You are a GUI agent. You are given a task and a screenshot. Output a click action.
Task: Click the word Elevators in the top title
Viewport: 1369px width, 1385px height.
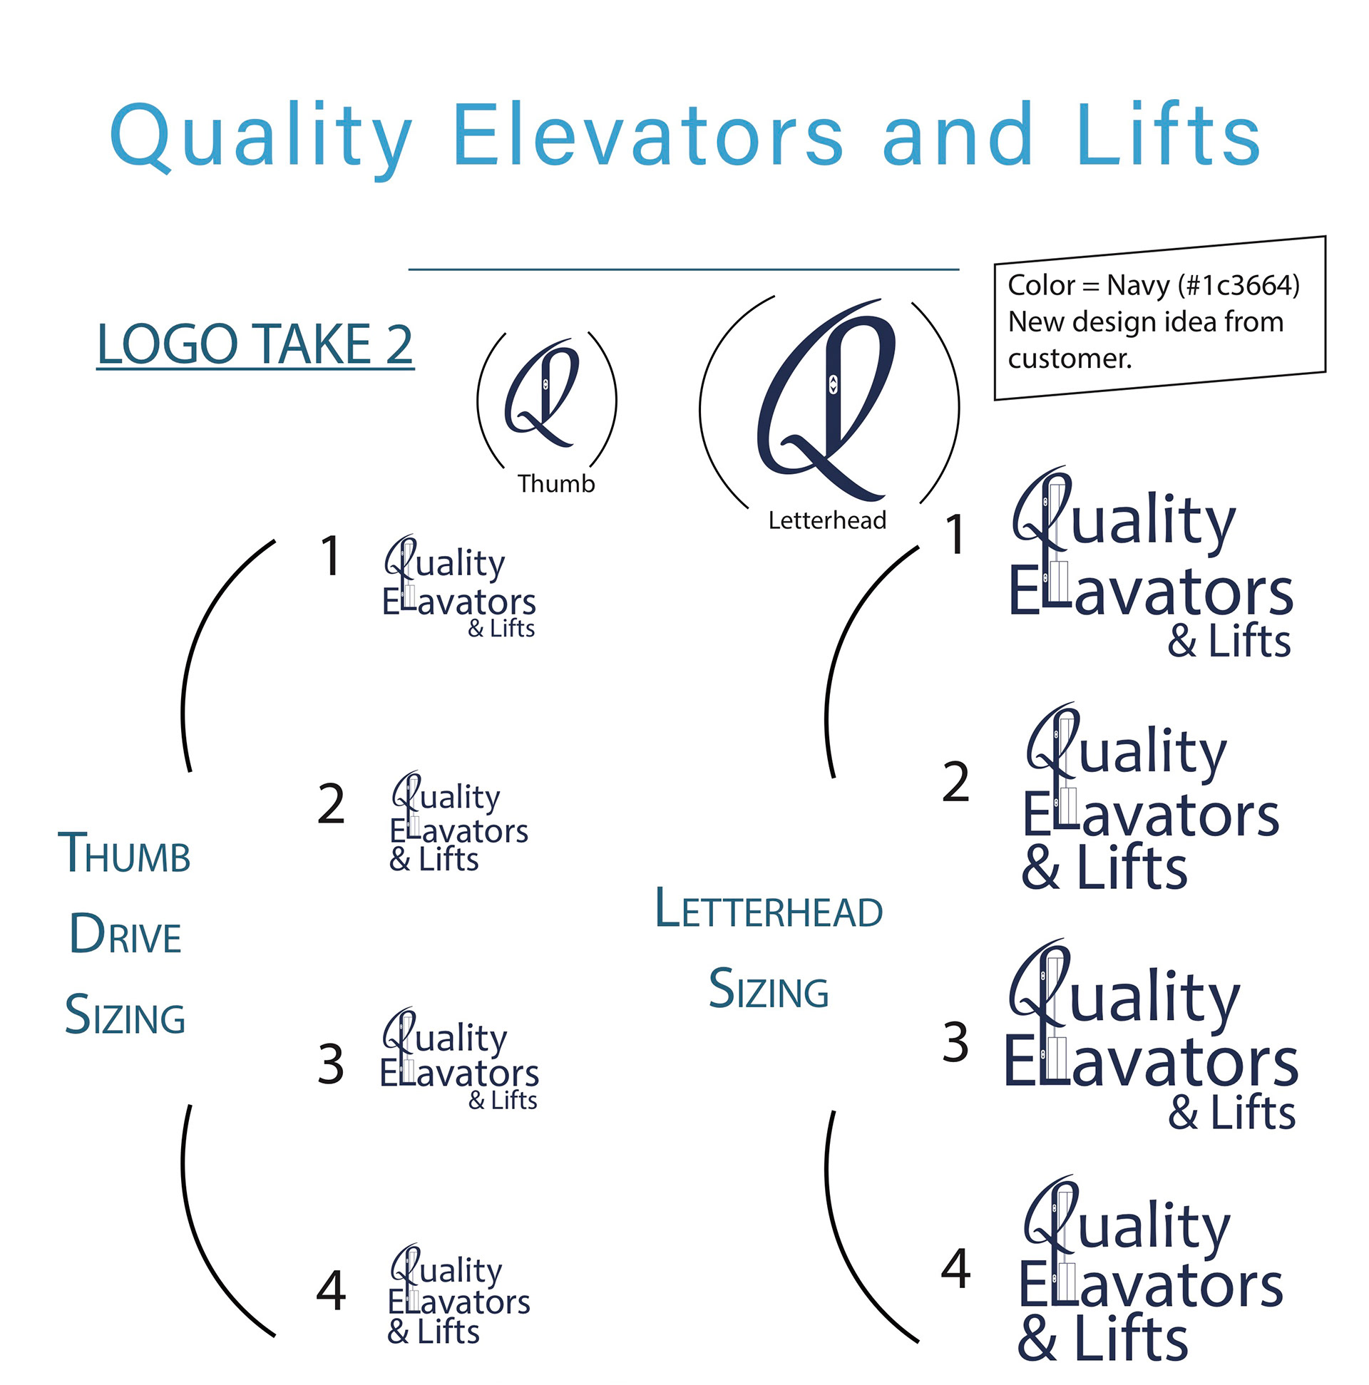pos(647,135)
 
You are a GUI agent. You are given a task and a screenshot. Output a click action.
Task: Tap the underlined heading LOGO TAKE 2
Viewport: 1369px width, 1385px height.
pos(255,344)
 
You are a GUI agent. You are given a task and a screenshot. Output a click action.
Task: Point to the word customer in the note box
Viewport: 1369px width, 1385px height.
pos(1069,358)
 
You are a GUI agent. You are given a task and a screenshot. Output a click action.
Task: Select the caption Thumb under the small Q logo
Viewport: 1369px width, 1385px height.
pos(555,484)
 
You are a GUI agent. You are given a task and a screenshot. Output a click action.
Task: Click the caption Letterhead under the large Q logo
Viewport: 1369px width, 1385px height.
pos(827,520)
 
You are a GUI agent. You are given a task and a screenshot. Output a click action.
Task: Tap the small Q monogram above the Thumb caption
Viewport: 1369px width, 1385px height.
pos(543,393)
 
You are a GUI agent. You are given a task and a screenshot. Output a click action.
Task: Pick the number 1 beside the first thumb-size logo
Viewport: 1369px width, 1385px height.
pos(330,556)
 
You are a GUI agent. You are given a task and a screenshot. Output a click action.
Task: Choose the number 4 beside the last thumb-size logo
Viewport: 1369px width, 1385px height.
pos(331,1290)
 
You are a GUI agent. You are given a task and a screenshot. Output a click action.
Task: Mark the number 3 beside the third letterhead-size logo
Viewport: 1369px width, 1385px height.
pos(955,1041)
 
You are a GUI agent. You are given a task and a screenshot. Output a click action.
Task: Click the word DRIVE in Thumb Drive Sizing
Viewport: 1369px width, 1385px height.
pos(125,935)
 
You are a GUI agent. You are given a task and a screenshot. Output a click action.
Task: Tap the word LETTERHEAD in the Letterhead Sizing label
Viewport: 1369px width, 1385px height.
pos(768,909)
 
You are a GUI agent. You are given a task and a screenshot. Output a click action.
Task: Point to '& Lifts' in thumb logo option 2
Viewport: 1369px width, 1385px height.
pos(433,859)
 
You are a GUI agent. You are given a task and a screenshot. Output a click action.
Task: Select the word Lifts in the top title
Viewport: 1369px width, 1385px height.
pos(1167,135)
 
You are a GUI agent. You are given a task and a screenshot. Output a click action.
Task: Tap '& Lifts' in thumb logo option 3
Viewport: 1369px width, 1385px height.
pos(502,1100)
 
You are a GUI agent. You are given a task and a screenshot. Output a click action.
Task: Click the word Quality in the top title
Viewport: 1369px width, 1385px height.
pos(261,135)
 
